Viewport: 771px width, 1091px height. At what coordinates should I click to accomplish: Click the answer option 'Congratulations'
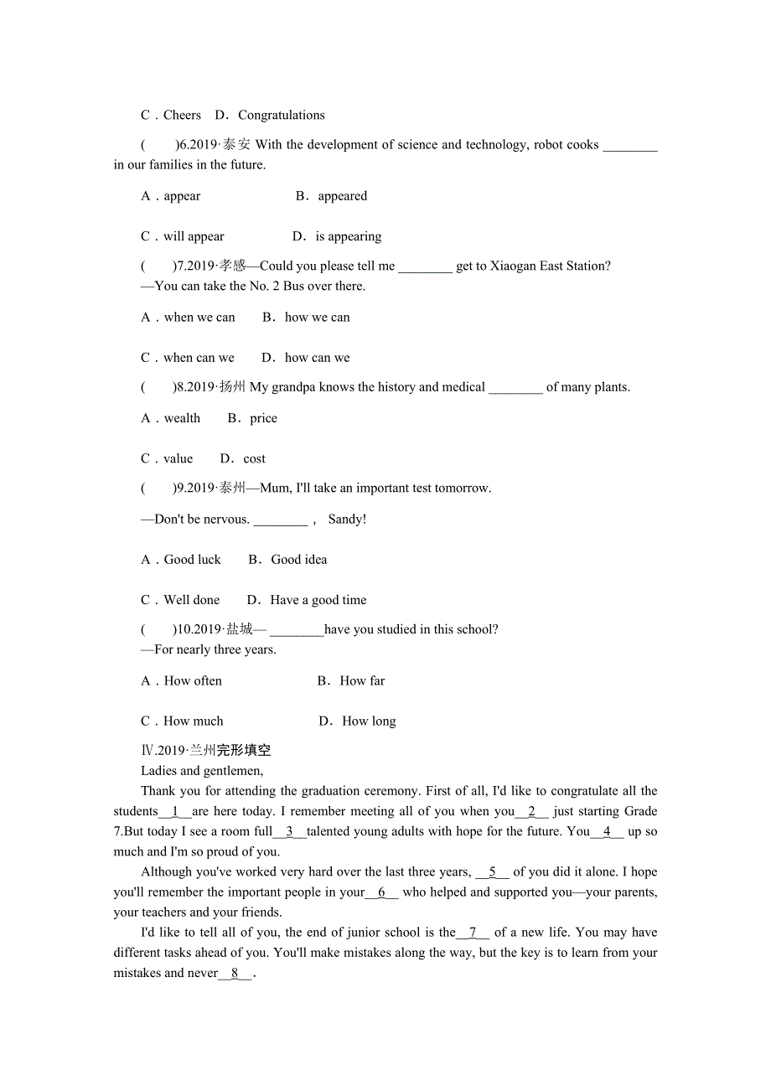tap(281, 116)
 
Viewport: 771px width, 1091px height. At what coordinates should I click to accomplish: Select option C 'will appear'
tap(194, 237)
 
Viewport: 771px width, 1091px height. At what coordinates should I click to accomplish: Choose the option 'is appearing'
tap(348, 237)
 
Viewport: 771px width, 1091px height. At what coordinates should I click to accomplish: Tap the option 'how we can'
tap(317, 318)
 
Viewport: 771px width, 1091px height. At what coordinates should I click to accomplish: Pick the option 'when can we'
tap(199, 358)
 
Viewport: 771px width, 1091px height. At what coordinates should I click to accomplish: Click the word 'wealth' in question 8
tap(182, 419)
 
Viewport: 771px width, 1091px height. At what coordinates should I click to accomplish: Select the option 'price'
tap(263, 419)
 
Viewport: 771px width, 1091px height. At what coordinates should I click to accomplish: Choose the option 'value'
tap(178, 459)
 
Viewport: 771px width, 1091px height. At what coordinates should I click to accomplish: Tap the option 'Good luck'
tap(192, 560)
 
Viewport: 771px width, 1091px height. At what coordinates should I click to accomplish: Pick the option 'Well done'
tap(191, 600)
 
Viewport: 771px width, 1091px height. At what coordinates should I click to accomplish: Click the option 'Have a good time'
tap(318, 600)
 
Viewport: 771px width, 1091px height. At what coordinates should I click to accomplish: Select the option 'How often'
tap(193, 681)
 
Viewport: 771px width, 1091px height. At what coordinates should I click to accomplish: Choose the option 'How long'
tap(369, 721)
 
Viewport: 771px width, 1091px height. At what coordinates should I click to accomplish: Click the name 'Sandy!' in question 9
tap(347, 520)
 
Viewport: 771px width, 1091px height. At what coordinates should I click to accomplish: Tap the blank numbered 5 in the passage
tap(493, 872)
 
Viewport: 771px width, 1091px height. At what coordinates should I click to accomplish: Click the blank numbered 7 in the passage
tap(473, 933)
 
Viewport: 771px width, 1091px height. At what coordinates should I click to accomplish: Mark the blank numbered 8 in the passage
tap(235, 974)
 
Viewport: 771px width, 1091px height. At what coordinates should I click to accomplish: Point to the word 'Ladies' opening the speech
tap(158, 771)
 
